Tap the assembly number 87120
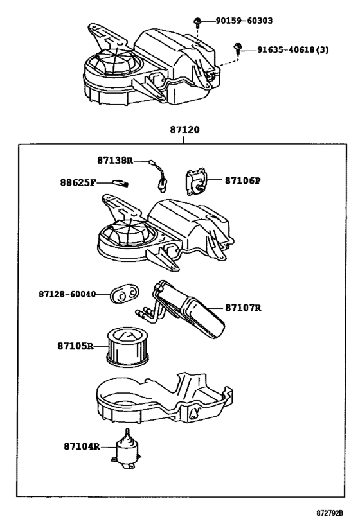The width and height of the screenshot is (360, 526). (x=184, y=129)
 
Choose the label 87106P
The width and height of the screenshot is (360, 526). (x=242, y=180)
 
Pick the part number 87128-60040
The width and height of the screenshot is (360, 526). (x=67, y=294)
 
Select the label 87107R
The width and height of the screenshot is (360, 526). (x=243, y=308)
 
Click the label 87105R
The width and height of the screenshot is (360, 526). (x=75, y=346)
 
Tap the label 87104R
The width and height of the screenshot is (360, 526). (x=82, y=446)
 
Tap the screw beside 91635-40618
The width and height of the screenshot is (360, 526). (x=238, y=48)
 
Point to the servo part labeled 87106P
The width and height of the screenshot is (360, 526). (x=195, y=181)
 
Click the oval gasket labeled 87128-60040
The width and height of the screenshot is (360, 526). (x=123, y=294)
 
